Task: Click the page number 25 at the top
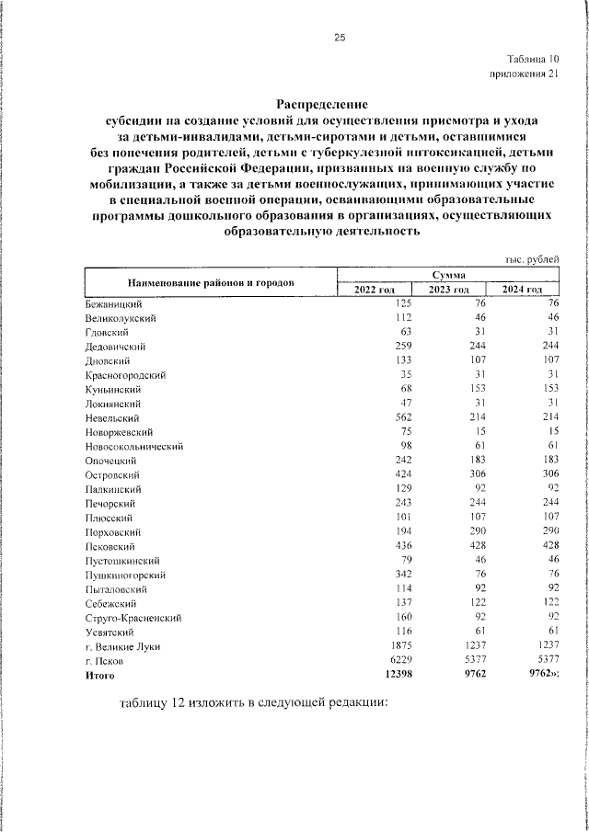pyautogui.click(x=339, y=38)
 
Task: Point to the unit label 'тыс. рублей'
pyautogui.click(x=533, y=260)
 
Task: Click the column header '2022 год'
pyautogui.click(x=374, y=291)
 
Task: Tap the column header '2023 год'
pyautogui.click(x=448, y=291)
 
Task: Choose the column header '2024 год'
pyautogui.click(x=522, y=291)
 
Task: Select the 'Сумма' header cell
pyautogui.click(x=448, y=275)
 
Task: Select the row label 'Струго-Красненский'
pyautogui.click(x=132, y=618)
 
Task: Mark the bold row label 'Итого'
pyautogui.click(x=99, y=675)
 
